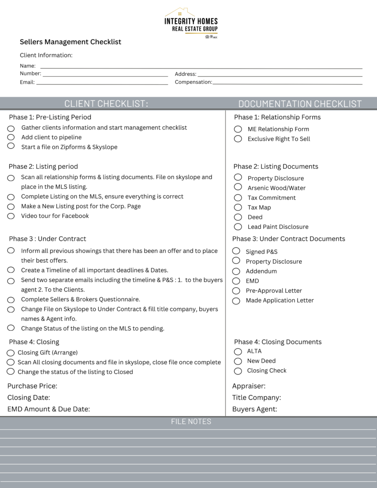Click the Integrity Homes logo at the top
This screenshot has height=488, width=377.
(191, 22)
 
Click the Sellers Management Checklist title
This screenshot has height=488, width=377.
(71, 42)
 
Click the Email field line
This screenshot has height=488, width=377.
(102, 83)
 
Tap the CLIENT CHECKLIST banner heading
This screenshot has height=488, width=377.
(106, 104)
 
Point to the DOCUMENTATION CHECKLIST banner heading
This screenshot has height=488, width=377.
(300, 104)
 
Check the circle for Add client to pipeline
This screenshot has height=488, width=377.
(11, 137)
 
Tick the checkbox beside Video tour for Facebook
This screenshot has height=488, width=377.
(11, 216)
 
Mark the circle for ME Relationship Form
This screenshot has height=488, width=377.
(238, 129)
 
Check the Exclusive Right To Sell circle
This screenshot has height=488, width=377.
(238, 139)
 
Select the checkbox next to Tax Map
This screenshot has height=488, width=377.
(238, 207)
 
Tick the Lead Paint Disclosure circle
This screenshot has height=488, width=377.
(238, 227)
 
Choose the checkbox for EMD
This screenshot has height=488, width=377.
(236, 281)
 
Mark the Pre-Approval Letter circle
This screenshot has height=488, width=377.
(236, 291)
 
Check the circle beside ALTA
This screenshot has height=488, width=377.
(238, 351)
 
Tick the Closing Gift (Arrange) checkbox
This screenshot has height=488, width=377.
(10, 353)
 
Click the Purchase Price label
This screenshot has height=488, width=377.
(32, 386)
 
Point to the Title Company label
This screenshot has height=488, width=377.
(256, 397)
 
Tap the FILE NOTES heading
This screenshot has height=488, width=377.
(191, 422)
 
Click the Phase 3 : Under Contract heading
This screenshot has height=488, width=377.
(48, 239)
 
